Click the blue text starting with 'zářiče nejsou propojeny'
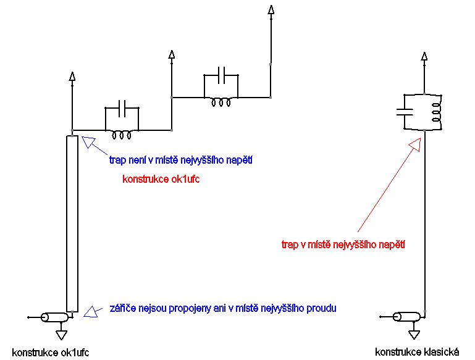(x=223, y=308)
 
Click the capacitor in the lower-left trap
(x=122, y=108)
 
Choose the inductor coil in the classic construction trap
(x=435, y=112)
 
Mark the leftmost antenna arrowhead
(x=73, y=77)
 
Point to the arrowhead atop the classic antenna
(x=424, y=56)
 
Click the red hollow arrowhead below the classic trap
(x=415, y=143)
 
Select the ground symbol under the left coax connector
(x=61, y=334)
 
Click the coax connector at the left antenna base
(x=55, y=318)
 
